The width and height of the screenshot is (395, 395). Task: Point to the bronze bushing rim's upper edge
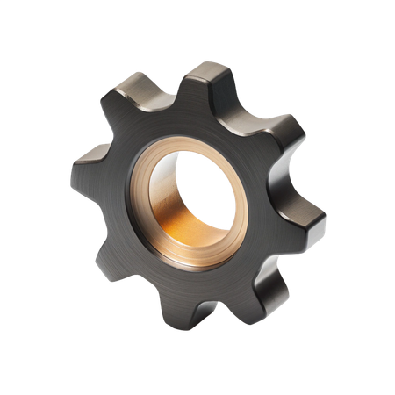pos(189,142)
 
